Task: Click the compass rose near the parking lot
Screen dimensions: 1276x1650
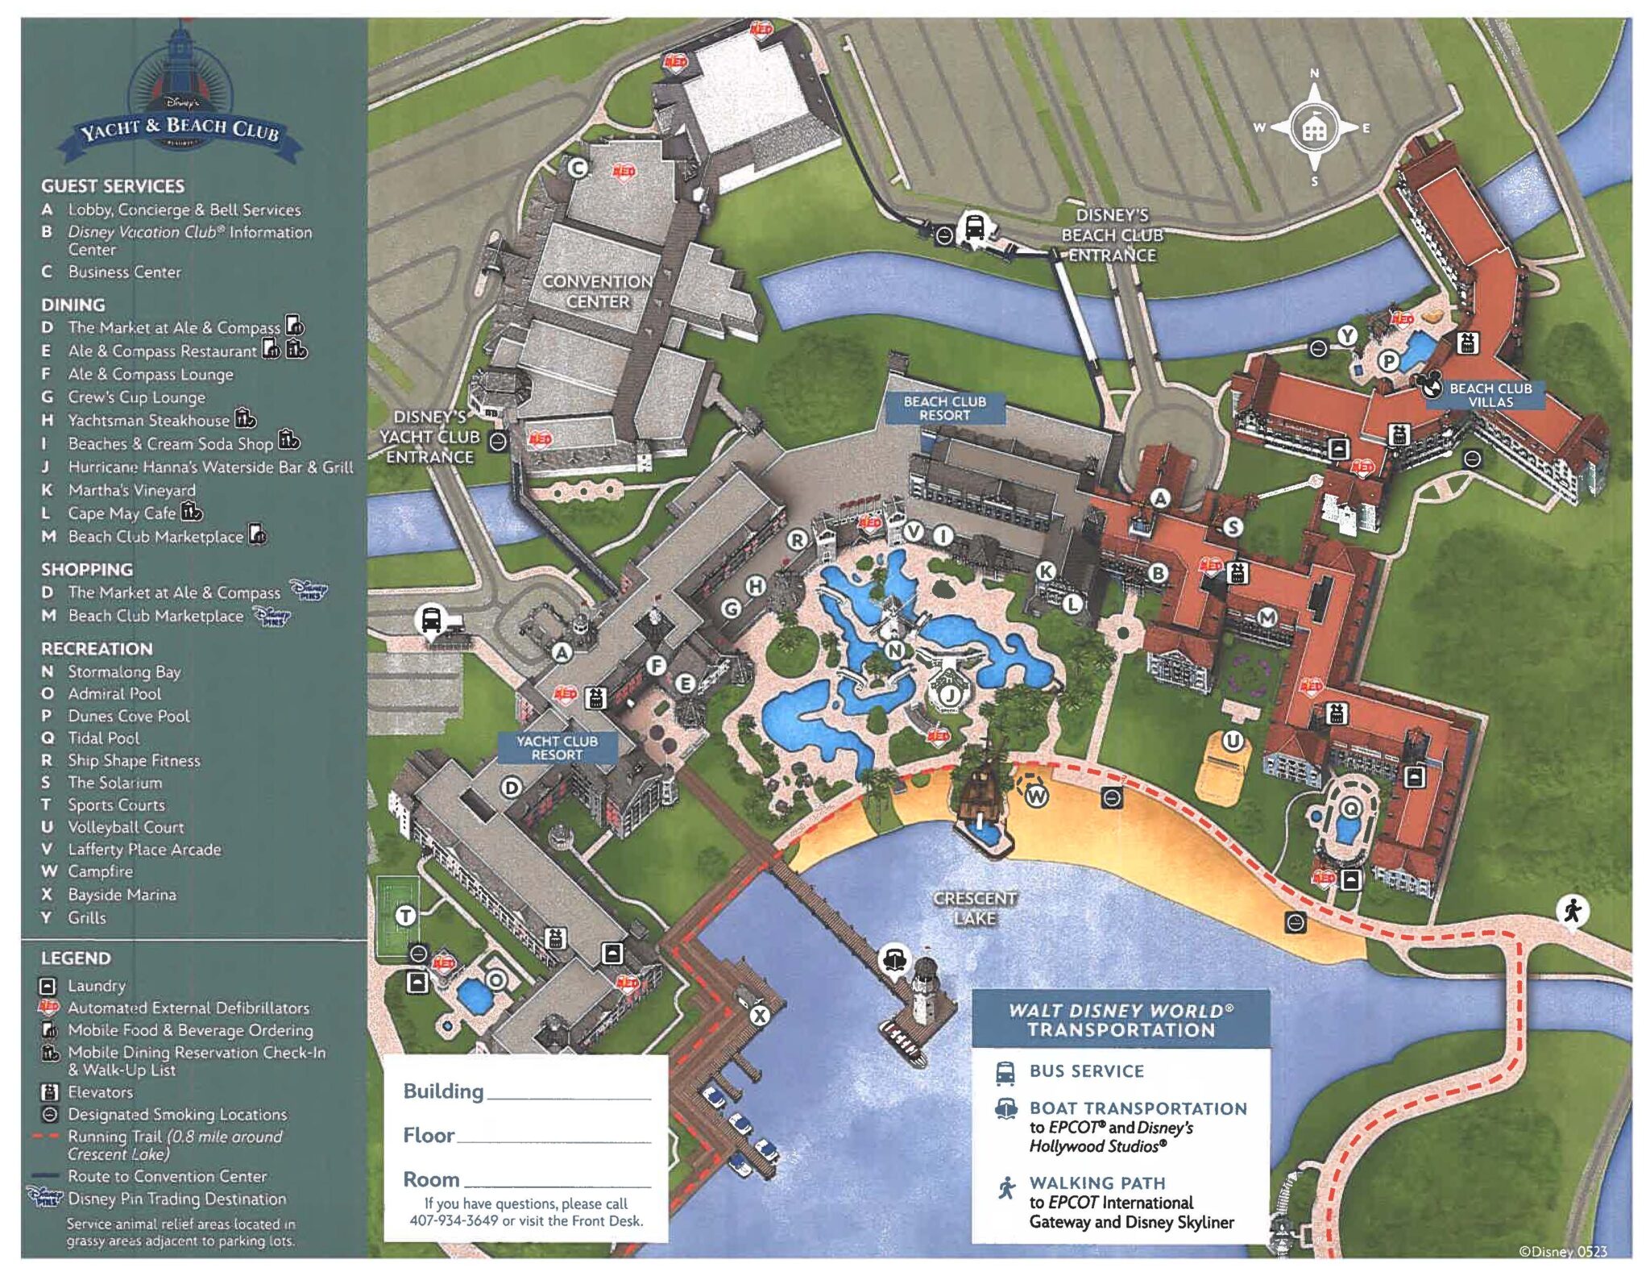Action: (x=1314, y=128)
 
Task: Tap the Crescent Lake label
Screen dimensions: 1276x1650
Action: (x=974, y=908)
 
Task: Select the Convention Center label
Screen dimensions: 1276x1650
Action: (x=597, y=291)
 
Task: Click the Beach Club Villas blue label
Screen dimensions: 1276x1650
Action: (x=1490, y=395)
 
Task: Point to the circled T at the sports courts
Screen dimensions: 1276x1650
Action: (x=406, y=916)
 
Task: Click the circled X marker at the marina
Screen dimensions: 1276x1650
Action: (x=759, y=1016)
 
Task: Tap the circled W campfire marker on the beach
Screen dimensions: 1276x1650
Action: (x=1036, y=796)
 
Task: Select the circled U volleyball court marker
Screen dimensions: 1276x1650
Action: (x=1232, y=740)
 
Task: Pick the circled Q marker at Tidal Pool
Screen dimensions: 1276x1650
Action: (x=1351, y=808)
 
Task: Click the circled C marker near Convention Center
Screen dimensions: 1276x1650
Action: (x=578, y=168)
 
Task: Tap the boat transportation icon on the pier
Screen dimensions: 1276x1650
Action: (x=895, y=958)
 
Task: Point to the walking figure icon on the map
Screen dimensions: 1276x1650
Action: (x=1572, y=911)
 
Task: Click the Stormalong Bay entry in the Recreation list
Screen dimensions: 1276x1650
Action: (x=124, y=671)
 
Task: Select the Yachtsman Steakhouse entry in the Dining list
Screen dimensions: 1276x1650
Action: (x=148, y=420)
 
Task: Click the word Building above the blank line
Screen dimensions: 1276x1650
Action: (x=443, y=1091)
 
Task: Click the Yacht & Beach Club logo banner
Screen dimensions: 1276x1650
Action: (x=180, y=128)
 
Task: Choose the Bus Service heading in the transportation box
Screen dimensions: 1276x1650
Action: (x=1086, y=1070)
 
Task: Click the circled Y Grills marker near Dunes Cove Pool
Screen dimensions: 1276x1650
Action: (x=1347, y=335)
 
